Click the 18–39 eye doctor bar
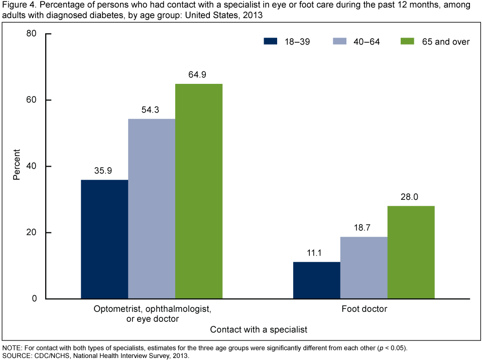tap(104, 239)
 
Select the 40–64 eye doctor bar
tap(152, 209)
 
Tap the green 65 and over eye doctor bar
tap(199, 191)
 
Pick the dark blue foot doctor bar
tap(316, 280)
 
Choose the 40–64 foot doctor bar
tap(364, 268)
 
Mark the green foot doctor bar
tap(411, 252)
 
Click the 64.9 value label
tap(199, 75)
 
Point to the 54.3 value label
tap(152, 110)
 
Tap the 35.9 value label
tap(104, 171)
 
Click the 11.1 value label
tap(316, 253)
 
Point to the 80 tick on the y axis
tap(32, 34)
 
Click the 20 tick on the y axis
tap(32, 233)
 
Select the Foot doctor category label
tap(364, 309)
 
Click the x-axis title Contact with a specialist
tap(258, 330)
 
